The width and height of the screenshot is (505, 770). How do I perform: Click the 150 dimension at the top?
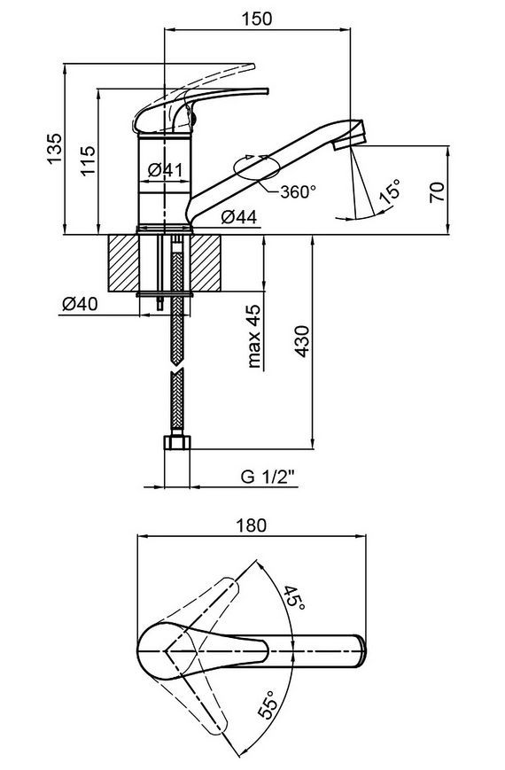[256, 19]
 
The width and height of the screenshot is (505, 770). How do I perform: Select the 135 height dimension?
[55, 148]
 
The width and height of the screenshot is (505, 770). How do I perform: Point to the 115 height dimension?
[88, 160]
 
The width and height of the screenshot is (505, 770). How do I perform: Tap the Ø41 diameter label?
[165, 170]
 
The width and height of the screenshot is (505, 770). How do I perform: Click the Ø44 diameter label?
[238, 216]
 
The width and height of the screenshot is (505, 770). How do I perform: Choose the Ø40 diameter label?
[80, 304]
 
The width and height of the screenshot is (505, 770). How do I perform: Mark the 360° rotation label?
[299, 191]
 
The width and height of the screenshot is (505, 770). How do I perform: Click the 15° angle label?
[390, 191]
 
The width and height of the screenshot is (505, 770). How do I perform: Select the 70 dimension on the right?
[437, 191]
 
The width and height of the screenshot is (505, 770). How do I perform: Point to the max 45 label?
[254, 337]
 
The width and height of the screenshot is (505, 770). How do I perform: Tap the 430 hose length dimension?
[303, 341]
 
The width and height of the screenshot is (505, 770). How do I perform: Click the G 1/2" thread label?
[268, 477]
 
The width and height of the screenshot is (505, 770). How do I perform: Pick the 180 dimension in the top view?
[252, 525]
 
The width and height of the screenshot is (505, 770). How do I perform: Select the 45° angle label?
[294, 597]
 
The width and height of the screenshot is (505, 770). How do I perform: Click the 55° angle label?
[268, 704]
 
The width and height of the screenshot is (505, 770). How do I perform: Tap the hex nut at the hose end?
[176, 442]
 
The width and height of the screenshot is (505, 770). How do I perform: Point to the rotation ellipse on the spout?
[258, 168]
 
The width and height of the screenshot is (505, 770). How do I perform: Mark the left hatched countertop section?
[124, 263]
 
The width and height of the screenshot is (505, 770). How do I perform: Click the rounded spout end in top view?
[360, 651]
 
